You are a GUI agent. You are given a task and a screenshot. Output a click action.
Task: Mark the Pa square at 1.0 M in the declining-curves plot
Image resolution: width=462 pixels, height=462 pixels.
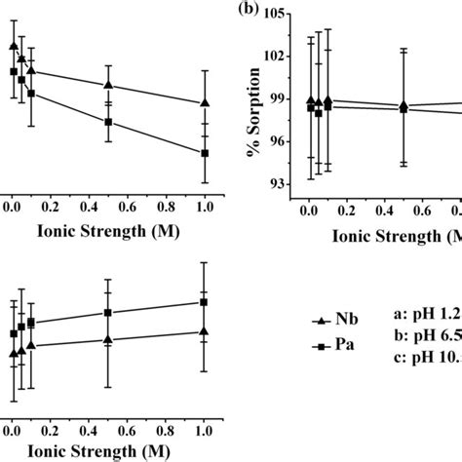tap(205, 153)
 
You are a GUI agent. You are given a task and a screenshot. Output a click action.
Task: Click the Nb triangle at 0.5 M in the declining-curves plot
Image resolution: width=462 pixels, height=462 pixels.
tap(108, 85)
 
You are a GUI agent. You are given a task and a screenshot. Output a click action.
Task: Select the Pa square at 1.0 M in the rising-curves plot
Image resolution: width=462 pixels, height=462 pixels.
tap(205, 302)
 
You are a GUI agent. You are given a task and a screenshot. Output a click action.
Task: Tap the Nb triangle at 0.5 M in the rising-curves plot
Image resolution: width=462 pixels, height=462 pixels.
tap(108, 339)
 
